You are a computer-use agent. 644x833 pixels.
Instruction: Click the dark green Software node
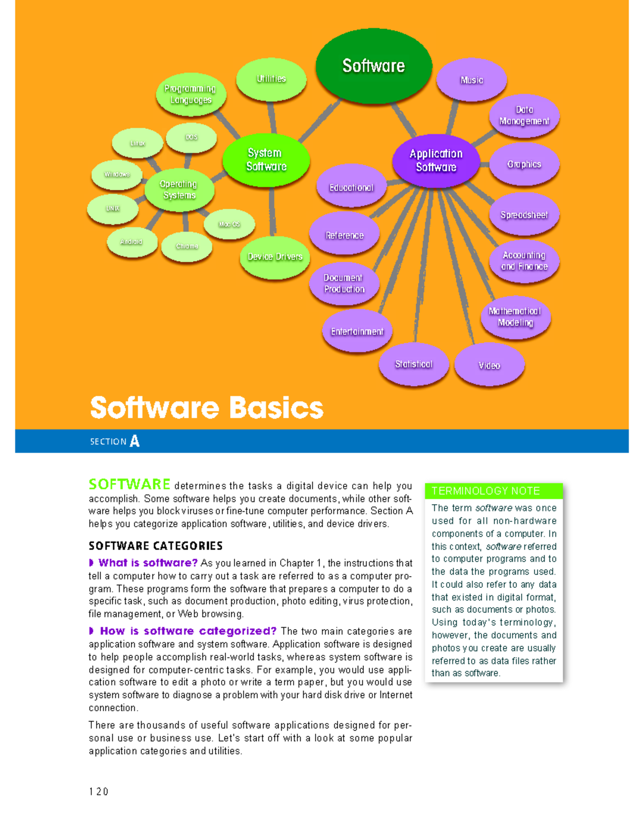pos(374,65)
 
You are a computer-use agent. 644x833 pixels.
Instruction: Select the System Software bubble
pos(266,160)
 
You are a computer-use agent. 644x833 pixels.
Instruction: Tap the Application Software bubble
pos(436,160)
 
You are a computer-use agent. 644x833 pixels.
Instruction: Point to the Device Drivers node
pos(275,257)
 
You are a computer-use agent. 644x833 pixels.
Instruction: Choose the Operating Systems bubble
pos(179,190)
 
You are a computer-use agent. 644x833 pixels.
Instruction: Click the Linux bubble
pos(137,143)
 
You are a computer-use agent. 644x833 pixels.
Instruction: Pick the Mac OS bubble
pos(229,224)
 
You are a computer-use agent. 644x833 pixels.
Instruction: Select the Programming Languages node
pos(191,94)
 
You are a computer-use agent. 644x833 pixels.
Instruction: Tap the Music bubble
pos(471,80)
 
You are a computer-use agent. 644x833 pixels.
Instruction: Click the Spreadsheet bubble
pos(524,215)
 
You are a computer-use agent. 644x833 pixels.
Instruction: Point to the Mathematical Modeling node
pos(515,316)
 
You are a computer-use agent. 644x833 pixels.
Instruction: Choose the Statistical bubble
pos(413,364)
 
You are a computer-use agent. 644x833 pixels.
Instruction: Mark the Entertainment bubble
pos(357,331)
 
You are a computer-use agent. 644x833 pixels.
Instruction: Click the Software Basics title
pos(207,408)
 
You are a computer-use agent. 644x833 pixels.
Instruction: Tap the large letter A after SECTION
pos(135,441)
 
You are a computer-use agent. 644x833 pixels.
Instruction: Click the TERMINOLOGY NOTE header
pos(486,491)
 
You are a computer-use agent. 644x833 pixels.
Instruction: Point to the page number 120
pos(99,792)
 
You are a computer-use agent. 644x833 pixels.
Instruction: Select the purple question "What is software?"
pos(148,563)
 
